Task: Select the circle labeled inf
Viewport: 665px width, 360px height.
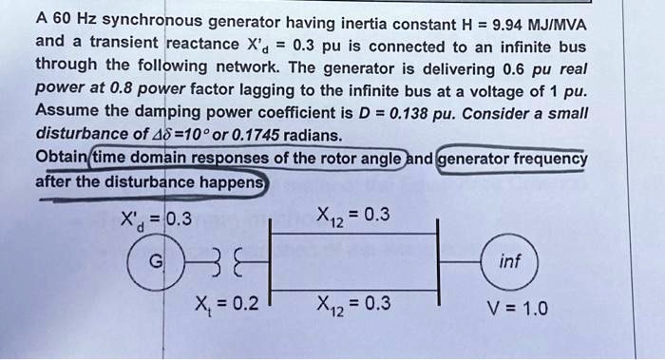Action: [x=510, y=259]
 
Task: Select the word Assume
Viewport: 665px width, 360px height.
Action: [x=66, y=110]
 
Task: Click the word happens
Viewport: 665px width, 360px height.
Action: [x=233, y=180]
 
